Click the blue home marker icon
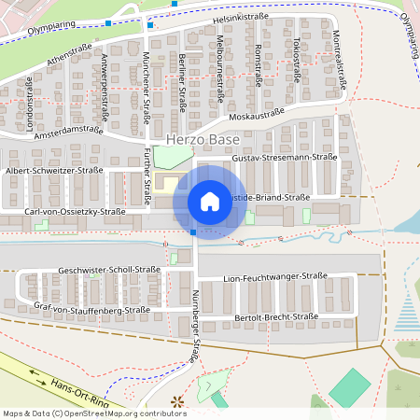click(x=210, y=202)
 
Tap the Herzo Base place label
click(x=203, y=140)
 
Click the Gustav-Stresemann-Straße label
click(x=284, y=159)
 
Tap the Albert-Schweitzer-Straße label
click(x=54, y=171)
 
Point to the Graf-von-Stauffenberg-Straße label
click(x=91, y=309)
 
